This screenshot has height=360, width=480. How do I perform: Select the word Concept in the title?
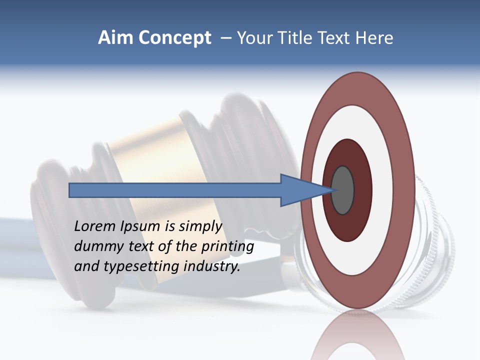pos(174,38)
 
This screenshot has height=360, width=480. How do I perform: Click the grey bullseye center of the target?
pos(342,190)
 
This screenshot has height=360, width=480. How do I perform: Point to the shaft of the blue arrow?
pos(175,190)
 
